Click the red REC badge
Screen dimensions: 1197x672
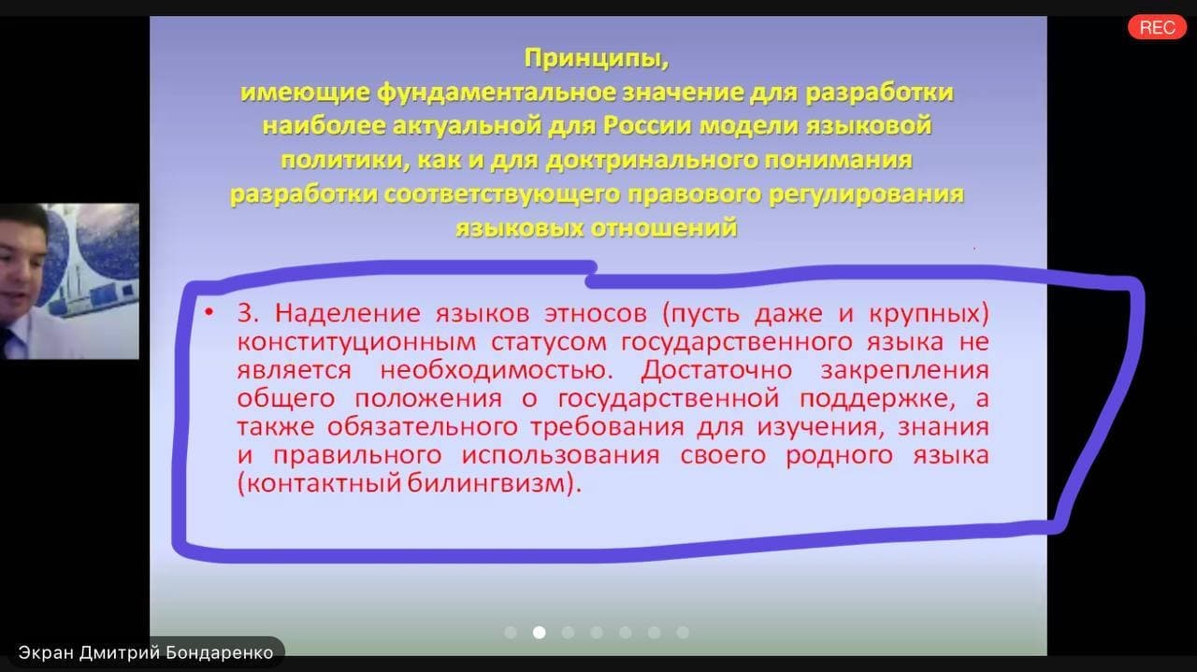[1157, 27]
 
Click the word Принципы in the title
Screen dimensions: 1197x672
[597, 58]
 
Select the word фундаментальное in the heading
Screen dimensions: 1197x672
[496, 93]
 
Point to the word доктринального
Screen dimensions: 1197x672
[652, 160]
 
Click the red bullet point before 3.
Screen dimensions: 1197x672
[209, 312]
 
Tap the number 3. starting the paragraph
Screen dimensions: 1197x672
[248, 313]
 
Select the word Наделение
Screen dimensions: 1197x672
[347, 313]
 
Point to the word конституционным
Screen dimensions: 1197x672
[356, 342]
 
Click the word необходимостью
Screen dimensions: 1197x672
[497, 370]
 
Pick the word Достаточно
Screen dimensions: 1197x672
[716, 370]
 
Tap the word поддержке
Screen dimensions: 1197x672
[877, 399]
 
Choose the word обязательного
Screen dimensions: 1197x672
[423, 427]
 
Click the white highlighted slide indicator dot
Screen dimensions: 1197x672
[540, 633]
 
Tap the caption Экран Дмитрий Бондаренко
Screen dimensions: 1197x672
[146, 652]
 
